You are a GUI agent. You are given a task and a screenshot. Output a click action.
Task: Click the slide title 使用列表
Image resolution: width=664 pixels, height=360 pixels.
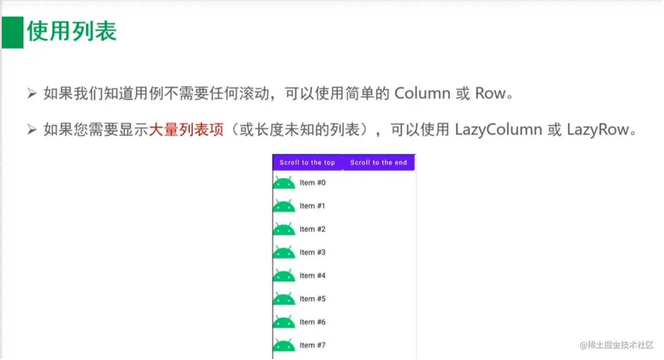72,32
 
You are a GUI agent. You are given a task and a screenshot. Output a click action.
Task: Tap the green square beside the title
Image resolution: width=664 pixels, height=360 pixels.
12,32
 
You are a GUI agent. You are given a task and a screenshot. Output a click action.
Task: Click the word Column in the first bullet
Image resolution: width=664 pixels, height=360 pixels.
423,94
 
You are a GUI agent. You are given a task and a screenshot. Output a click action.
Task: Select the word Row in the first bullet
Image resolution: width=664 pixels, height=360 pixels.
491,94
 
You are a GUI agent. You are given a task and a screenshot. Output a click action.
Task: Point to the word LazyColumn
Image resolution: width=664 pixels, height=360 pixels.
498,130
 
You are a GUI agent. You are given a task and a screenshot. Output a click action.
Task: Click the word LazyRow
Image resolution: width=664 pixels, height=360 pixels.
598,130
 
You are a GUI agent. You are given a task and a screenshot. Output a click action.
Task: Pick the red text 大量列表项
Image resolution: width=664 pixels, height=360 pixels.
186,130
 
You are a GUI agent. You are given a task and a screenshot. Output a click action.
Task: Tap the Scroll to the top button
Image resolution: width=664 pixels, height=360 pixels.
307,163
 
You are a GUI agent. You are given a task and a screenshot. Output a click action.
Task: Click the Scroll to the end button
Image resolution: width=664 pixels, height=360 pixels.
378,163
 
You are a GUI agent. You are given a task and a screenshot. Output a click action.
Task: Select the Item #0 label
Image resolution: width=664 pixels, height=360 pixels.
312,183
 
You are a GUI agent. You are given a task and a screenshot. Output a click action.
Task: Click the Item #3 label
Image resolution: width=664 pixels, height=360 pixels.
312,253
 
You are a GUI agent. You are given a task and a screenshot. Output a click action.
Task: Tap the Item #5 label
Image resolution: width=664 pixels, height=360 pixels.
312,299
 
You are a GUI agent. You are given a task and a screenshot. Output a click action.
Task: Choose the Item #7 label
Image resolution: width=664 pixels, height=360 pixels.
312,345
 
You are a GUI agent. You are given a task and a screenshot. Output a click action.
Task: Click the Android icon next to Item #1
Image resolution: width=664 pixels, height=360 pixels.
284,206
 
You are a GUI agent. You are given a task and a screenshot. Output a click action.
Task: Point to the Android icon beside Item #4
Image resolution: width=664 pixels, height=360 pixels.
284,276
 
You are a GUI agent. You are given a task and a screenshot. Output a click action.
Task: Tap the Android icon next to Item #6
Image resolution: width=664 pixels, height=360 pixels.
284,322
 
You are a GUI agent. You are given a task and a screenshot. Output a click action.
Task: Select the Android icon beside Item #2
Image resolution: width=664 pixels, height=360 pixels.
284,229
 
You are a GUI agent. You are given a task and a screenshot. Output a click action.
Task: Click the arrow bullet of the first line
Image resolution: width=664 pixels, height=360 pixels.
32,94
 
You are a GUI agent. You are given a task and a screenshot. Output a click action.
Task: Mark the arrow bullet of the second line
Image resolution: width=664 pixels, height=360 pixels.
32,130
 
